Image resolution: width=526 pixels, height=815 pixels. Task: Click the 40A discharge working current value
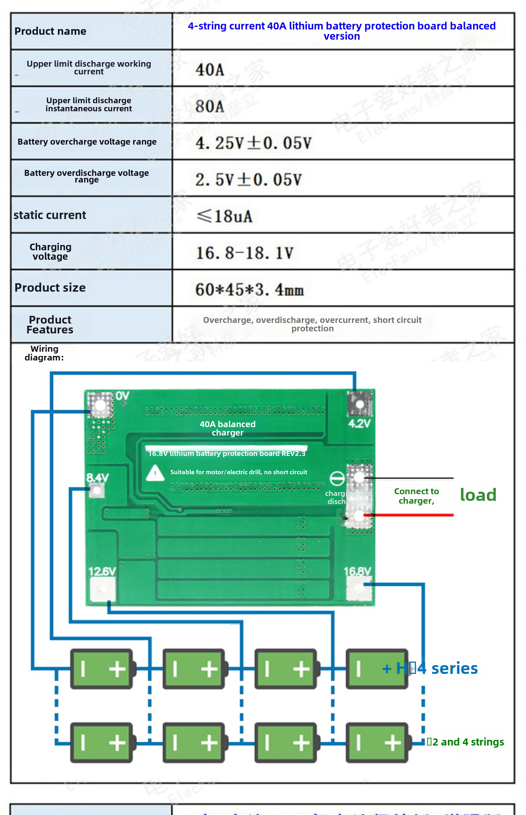click(210, 69)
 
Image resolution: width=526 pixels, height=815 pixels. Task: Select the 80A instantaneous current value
click(210, 106)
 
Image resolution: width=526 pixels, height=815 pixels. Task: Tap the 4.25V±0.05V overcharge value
click(253, 143)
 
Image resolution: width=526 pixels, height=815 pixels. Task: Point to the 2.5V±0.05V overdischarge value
click(248, 180)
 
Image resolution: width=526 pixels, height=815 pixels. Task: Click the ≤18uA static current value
click(224, 216)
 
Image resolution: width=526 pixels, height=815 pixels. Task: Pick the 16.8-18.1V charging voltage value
click(244, 253)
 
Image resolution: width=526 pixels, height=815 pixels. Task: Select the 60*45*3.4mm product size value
click(249, 290)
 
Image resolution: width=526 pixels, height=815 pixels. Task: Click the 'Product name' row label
click(50, 31)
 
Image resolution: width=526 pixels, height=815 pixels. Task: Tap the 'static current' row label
click(50, 215)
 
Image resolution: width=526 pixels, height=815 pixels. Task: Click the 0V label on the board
click(122, 396)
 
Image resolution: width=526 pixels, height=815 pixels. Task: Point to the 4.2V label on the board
click(359, 423)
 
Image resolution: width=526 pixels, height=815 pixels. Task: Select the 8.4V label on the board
click(97, 477)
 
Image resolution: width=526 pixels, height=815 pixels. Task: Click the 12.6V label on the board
click(102, 571)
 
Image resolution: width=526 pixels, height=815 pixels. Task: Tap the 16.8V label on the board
click(357, 571)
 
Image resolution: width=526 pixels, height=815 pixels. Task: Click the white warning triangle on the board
click(155, 473)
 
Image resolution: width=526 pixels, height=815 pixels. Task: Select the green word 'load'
click(478, 495)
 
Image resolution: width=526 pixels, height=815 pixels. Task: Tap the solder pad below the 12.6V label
click(102, 589)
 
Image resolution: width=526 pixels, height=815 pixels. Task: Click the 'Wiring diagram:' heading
click(44, 353)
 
